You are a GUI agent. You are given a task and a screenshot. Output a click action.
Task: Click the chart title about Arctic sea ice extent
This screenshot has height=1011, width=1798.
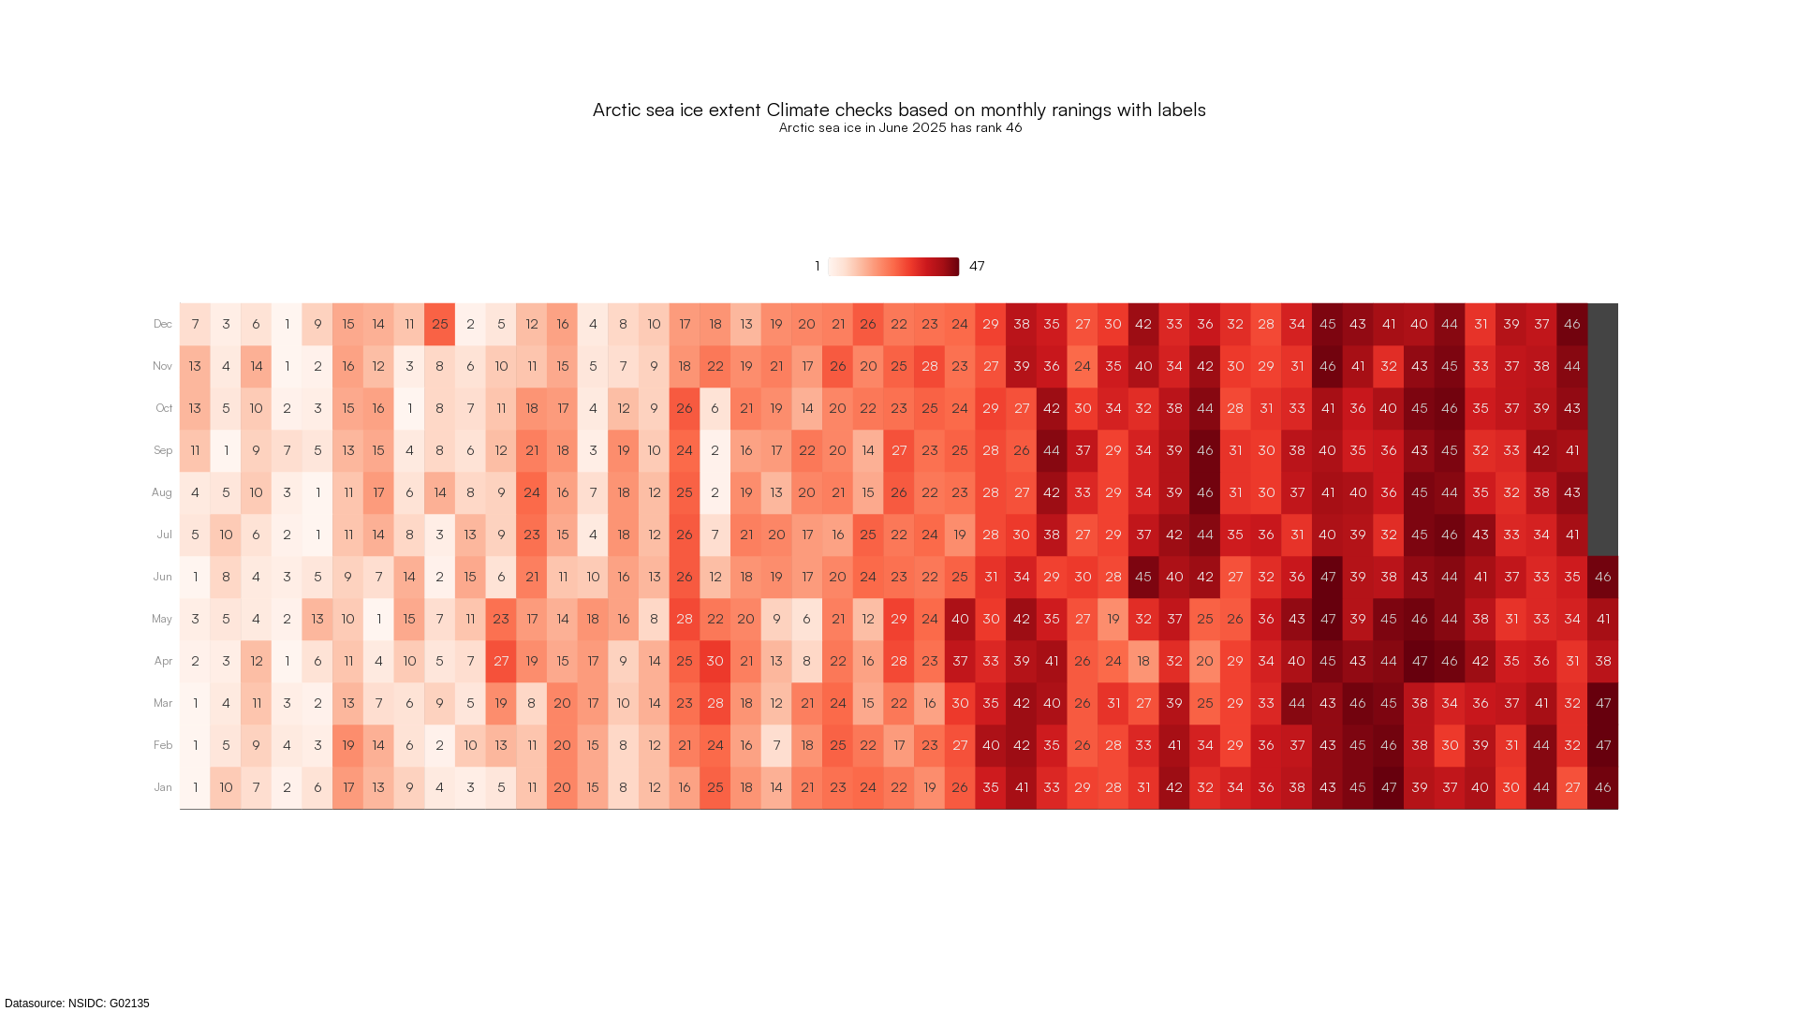pos(899,110)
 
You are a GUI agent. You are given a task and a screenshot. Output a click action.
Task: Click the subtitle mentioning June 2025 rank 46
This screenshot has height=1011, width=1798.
pos(900,127)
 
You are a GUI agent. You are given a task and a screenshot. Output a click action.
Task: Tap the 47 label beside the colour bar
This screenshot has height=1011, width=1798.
pos(977,266)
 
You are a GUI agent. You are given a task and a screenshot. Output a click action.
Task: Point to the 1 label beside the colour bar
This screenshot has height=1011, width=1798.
pos(818,266)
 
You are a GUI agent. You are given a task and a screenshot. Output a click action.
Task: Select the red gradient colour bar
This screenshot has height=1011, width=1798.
pos(893,267)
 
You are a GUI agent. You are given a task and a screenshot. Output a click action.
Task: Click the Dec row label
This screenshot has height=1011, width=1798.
pos(163,324)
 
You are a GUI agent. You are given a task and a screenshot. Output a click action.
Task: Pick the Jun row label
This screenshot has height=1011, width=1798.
pos(163,577)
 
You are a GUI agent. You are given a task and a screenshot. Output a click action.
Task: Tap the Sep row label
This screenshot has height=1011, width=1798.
pos(163,450)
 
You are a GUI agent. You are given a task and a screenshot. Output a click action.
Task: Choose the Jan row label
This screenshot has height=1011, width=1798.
pos(163,787)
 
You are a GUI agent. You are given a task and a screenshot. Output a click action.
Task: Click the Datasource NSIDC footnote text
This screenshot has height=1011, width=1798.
pos(77,1004)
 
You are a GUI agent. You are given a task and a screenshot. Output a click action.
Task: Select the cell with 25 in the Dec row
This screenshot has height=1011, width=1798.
pos(439,324)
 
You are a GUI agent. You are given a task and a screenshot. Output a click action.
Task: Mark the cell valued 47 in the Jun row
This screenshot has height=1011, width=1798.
pos(1327,577)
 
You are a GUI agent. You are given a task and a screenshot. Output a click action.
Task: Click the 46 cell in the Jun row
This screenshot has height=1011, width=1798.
pos(1602,577)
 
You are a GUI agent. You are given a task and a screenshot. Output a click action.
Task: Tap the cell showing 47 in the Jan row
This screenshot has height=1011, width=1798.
pos(1389,787)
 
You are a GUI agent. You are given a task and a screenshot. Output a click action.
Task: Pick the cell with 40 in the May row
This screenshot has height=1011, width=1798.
pos(960,619)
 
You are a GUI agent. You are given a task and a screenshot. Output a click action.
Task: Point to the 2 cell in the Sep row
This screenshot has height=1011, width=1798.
pos(715,450)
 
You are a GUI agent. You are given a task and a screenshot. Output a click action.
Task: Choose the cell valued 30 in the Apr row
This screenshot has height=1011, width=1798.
pos(715,661)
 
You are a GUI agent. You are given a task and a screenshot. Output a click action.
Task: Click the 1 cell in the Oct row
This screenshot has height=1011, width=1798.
pos(409,408)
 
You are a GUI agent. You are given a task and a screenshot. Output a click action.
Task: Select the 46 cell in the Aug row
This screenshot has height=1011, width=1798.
pos(1205,492)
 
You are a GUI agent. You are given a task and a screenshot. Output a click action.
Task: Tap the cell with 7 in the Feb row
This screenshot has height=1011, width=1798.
pos(776,745)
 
